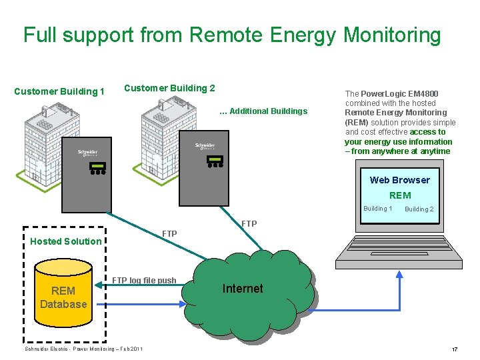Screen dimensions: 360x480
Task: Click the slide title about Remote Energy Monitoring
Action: click(232, 35)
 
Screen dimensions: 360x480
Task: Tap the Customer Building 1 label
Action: click(59, 91)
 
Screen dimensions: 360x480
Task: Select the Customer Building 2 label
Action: click(169, 88)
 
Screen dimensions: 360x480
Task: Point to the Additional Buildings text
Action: click(263, 111)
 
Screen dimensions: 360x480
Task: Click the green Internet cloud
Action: click(243, 289)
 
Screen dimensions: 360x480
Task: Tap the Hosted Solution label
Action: click(66, 241)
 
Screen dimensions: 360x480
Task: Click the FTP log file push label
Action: click(144, 280)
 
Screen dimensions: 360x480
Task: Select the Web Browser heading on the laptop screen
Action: click(399, 180)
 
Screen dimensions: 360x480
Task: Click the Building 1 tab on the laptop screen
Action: click(377, 209)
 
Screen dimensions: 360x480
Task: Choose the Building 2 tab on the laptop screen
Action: click(419, 209)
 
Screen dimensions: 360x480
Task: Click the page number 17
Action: click(455, 349)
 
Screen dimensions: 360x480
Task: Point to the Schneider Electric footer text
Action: click(83, 349)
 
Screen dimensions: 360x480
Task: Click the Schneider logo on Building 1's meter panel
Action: click(87, 153)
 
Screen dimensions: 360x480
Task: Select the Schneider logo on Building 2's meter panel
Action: click(205, 146)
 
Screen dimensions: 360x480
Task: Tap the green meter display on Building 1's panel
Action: click(98, 165)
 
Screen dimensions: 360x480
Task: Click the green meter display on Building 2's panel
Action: click(215, 159)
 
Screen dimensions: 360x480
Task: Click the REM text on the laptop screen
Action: click(400, 195)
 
